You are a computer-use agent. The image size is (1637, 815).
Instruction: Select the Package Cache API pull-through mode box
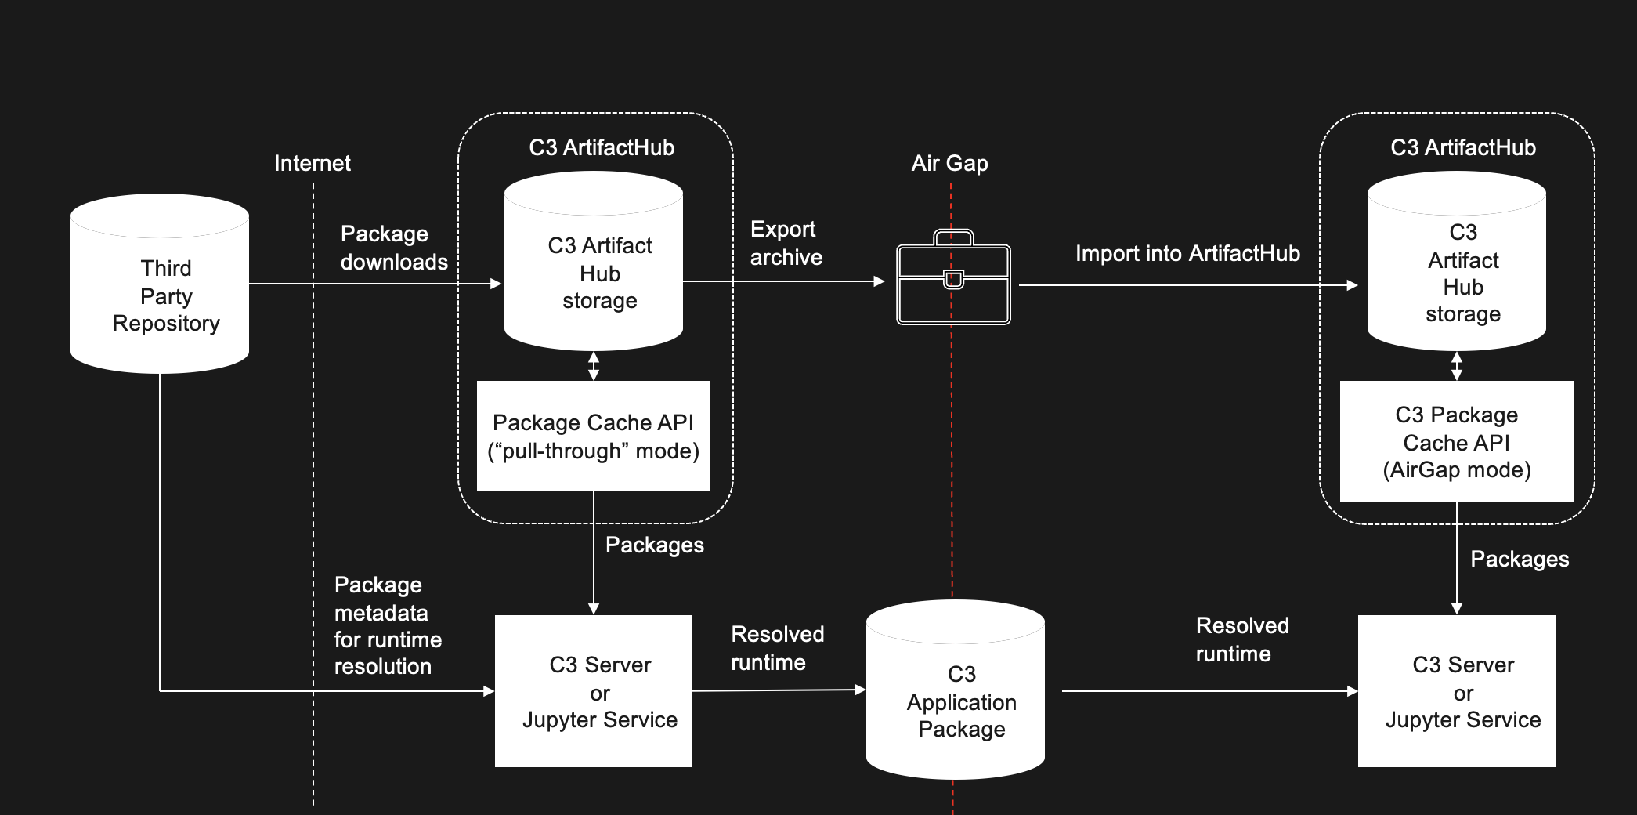594,436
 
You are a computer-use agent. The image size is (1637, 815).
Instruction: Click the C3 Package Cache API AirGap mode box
1457,441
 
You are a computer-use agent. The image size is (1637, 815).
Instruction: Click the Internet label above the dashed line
313,163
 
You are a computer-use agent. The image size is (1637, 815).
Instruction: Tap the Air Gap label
949,163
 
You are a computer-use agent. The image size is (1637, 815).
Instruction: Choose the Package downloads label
394,248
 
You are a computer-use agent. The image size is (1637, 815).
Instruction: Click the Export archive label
786,243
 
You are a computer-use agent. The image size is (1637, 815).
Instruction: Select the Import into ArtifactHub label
1187,253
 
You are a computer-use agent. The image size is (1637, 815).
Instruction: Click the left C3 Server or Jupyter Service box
594,691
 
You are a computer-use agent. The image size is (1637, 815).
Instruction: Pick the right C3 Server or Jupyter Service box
1457,691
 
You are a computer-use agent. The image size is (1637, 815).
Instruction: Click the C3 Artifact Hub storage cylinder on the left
594,270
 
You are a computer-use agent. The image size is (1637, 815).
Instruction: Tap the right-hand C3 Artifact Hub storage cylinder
1457,270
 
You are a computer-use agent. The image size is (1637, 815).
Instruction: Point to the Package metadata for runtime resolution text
388,625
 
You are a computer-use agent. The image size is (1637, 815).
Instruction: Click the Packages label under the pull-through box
655,545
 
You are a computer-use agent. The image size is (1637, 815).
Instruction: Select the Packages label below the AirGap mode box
1520,559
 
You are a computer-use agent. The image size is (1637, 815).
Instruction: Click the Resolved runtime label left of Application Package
777,648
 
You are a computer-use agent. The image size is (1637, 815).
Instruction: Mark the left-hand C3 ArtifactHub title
602,147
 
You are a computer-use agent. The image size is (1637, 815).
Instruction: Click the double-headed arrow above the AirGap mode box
1457,366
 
